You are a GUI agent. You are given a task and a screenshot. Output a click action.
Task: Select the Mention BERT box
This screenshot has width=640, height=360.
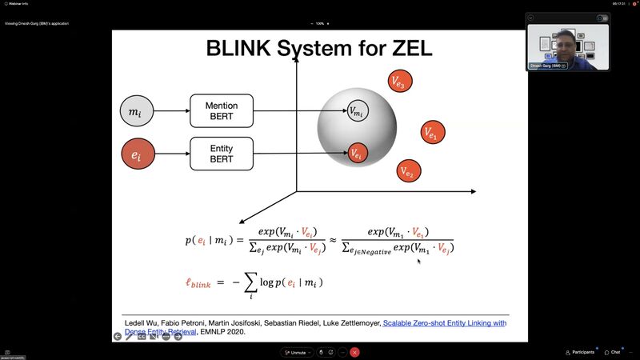(222, 111)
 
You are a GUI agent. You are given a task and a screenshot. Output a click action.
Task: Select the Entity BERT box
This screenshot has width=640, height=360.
(222, 153)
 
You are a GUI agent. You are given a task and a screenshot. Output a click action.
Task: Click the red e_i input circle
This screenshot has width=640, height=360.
(135, 154)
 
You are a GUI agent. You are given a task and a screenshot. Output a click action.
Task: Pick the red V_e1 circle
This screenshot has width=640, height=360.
(433, 133)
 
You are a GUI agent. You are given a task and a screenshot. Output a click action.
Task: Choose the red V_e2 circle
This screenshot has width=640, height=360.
(408, 170)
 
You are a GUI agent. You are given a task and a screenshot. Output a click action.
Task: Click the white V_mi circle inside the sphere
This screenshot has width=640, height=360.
(357, 111)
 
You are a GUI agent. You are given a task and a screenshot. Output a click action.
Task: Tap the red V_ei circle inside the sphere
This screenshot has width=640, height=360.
(357, 153)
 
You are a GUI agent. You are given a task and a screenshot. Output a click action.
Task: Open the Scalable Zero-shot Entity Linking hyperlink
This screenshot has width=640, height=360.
(444, 323)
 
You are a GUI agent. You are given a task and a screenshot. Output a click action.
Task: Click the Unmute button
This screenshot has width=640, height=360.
(294, 352)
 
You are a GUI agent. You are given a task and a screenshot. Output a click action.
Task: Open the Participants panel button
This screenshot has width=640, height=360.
(580, 352)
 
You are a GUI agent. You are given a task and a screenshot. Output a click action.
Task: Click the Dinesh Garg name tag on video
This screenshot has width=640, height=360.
(546, 66)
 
